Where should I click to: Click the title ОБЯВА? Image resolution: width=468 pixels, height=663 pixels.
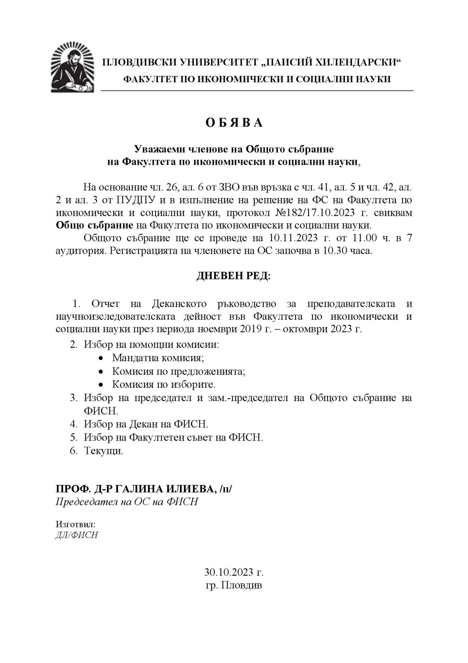point(234,123)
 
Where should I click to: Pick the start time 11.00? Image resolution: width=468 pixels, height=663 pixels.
point(364,238)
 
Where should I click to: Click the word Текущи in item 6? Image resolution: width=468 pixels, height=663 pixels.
point(103,451)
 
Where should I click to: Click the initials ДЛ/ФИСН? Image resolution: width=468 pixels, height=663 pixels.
point(76,535)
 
